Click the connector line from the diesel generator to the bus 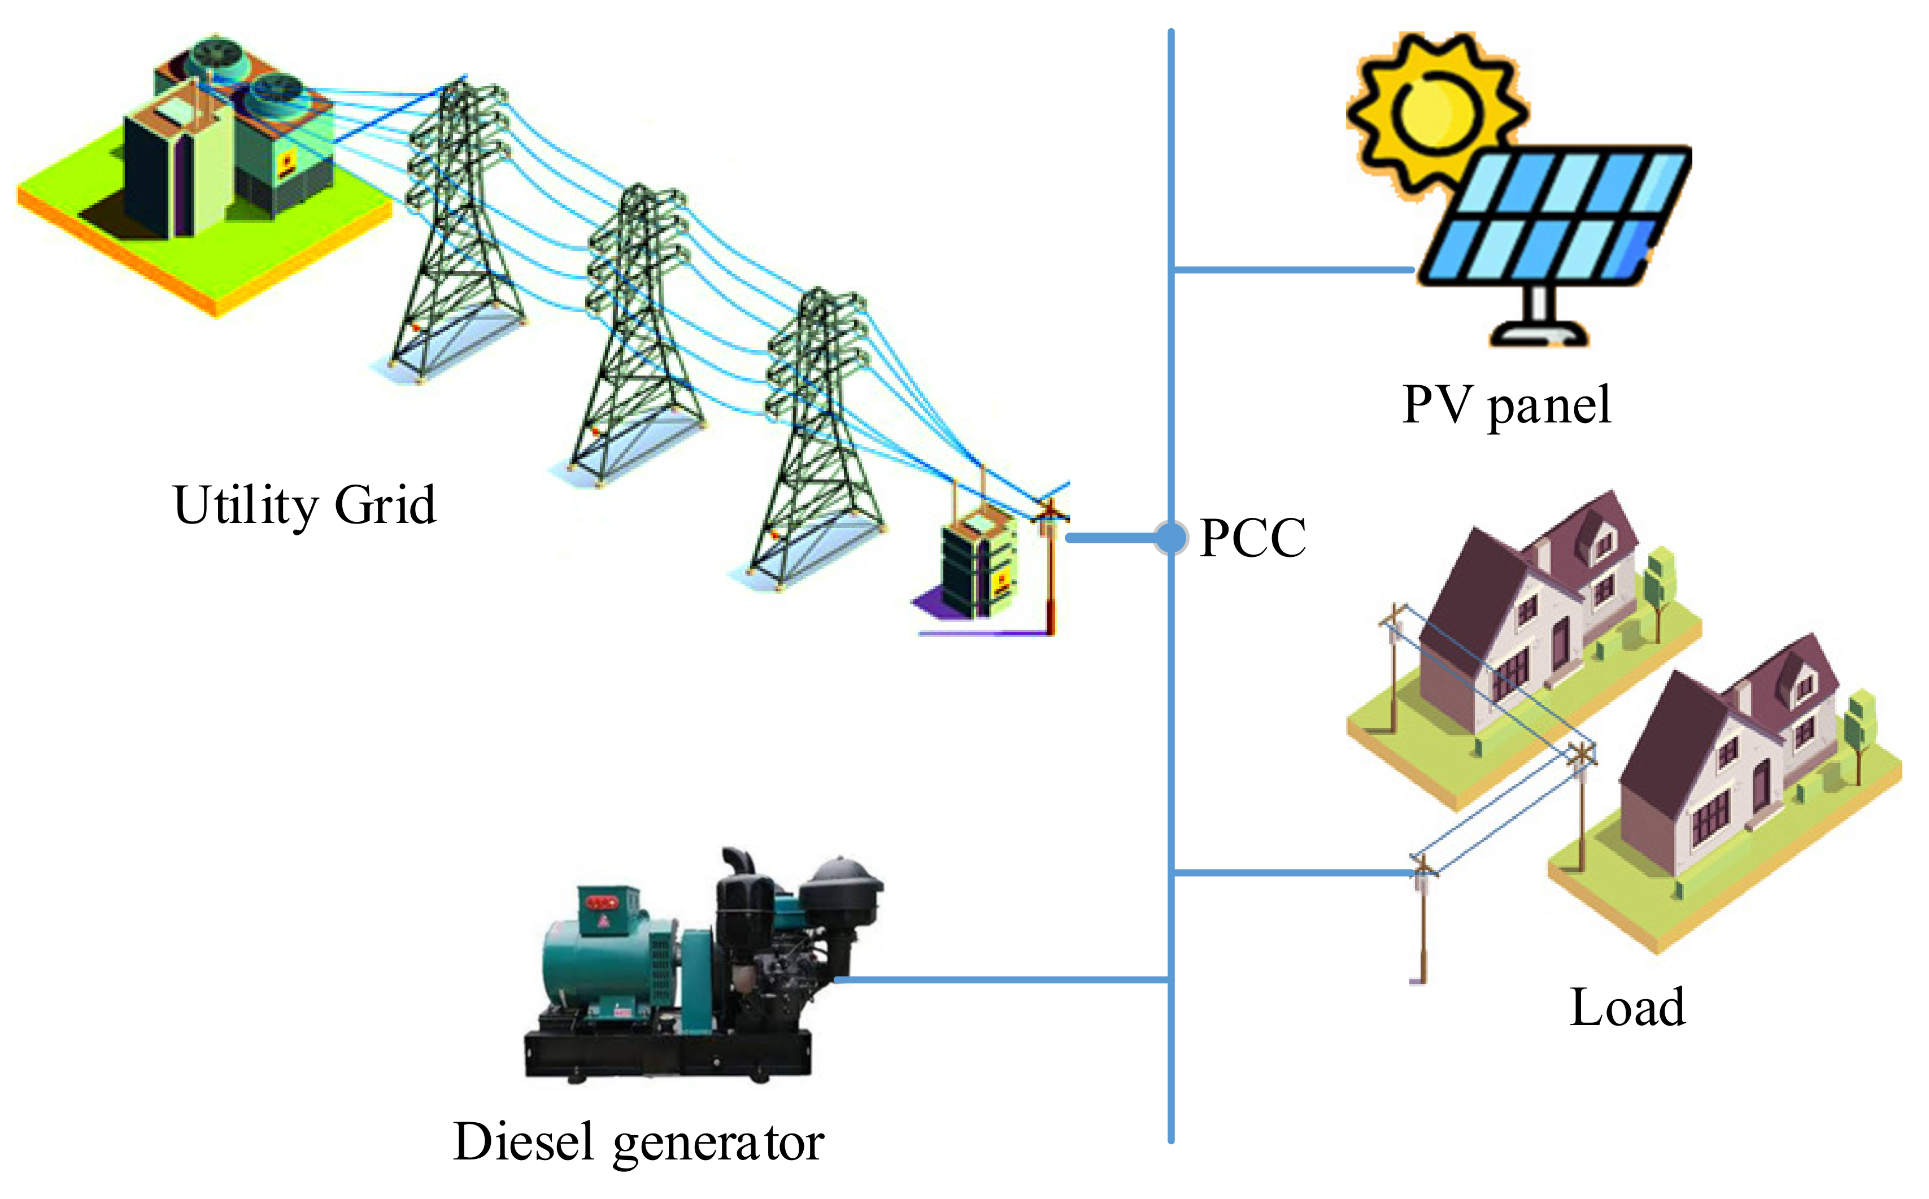click(999, 980)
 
